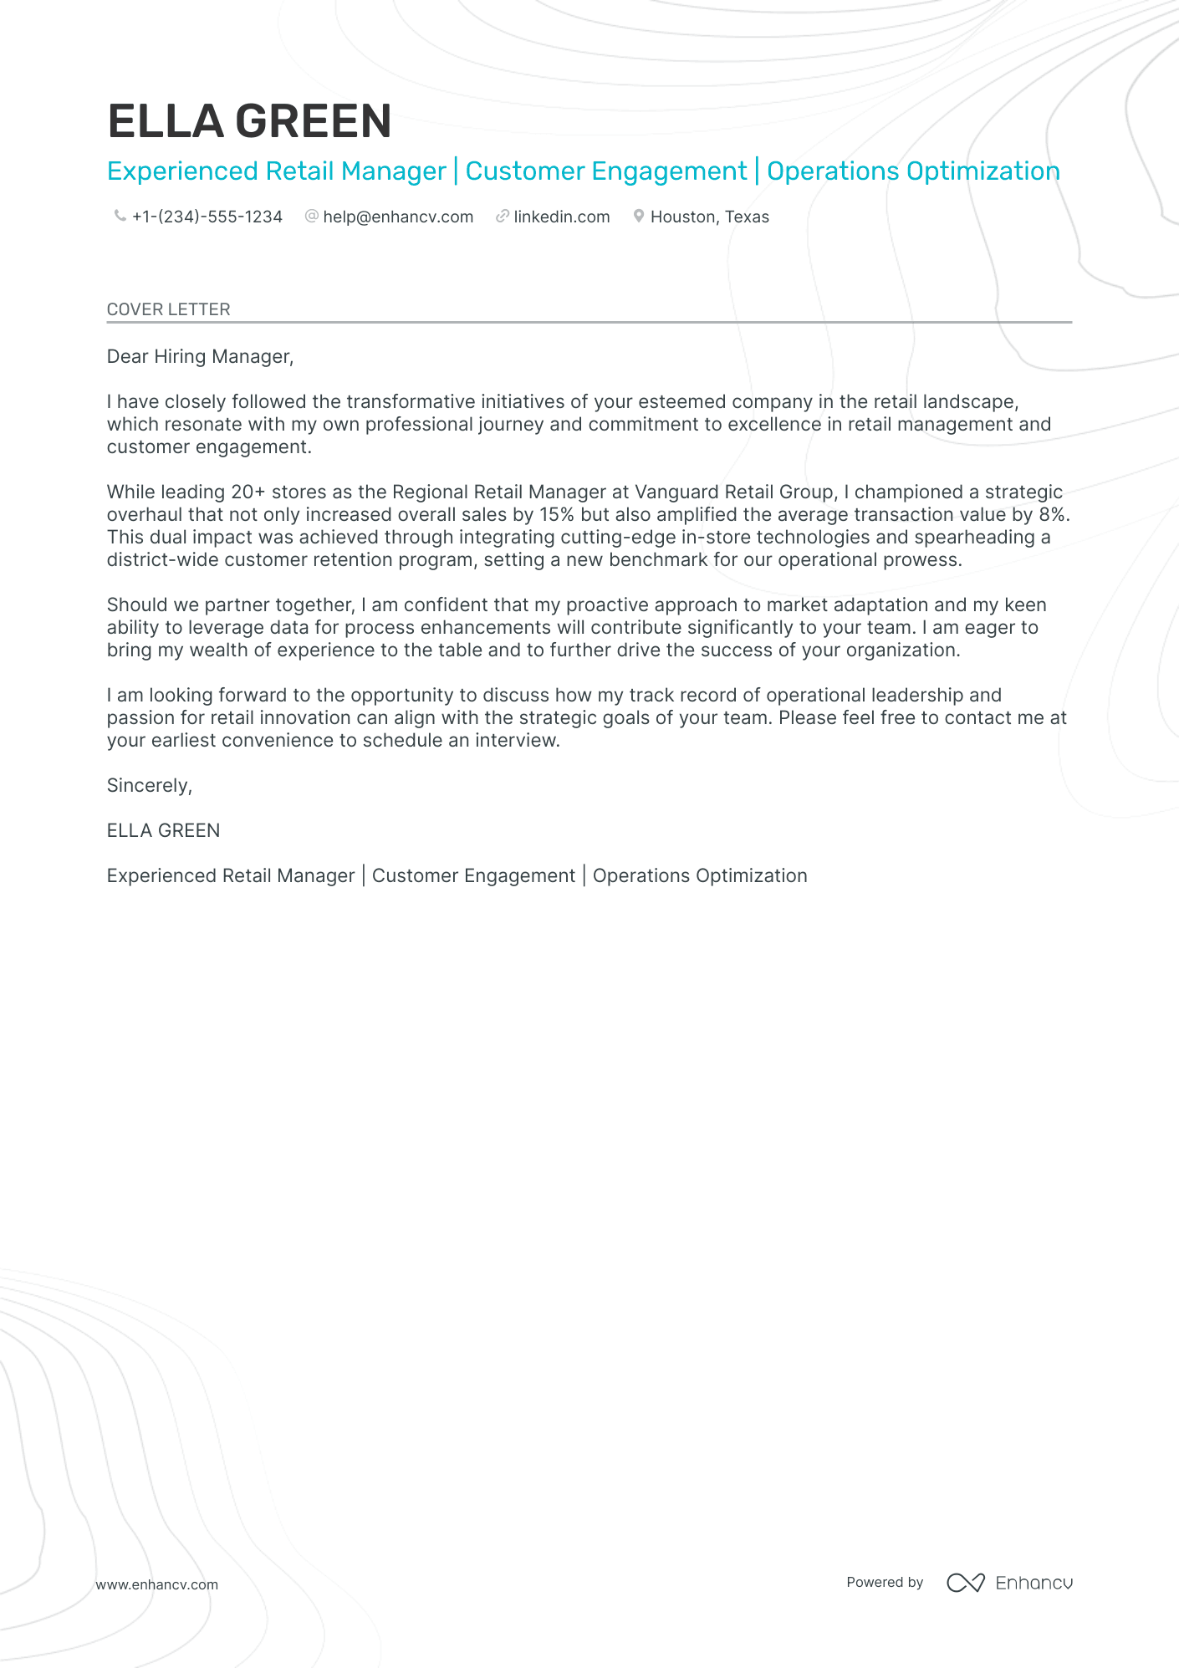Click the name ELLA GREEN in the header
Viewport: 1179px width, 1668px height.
pos(249,121)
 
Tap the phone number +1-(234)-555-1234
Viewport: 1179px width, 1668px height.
pos(207,217)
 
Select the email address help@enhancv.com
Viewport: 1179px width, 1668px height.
pos(398,217)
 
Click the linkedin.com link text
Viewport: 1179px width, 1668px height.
pos(561,217)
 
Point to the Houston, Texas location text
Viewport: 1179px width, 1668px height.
pos(709,217)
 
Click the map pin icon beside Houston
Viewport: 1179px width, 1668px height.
pos(638,217)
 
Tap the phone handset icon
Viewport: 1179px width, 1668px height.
pos(120,217)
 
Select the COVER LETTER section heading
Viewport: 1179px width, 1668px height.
pos(168,309)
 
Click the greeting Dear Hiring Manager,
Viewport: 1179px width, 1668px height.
pos(200,357)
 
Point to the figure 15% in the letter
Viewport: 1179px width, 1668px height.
pos(556,515)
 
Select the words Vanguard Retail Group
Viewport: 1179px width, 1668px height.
pos(734,492)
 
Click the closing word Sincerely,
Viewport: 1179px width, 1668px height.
pos(149,786)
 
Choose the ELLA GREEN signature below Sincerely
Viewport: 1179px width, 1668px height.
pos(163,831)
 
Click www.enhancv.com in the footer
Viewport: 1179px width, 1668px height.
pos(156,1584)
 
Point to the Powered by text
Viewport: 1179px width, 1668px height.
pos(884,1582)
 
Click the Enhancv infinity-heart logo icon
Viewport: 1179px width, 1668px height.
pos(965,1583)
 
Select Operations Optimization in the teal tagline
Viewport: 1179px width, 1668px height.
pos(913,171)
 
